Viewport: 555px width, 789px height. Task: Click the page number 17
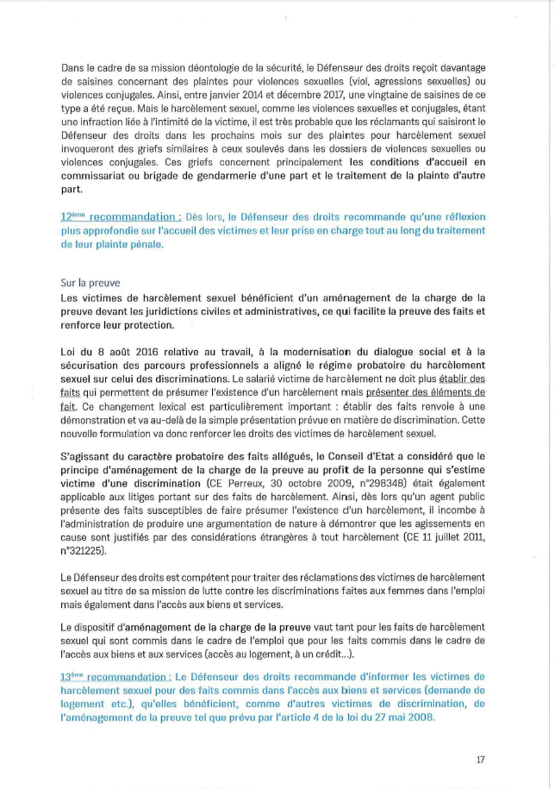point(481,760)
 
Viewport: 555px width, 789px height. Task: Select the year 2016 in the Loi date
point(134,351)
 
